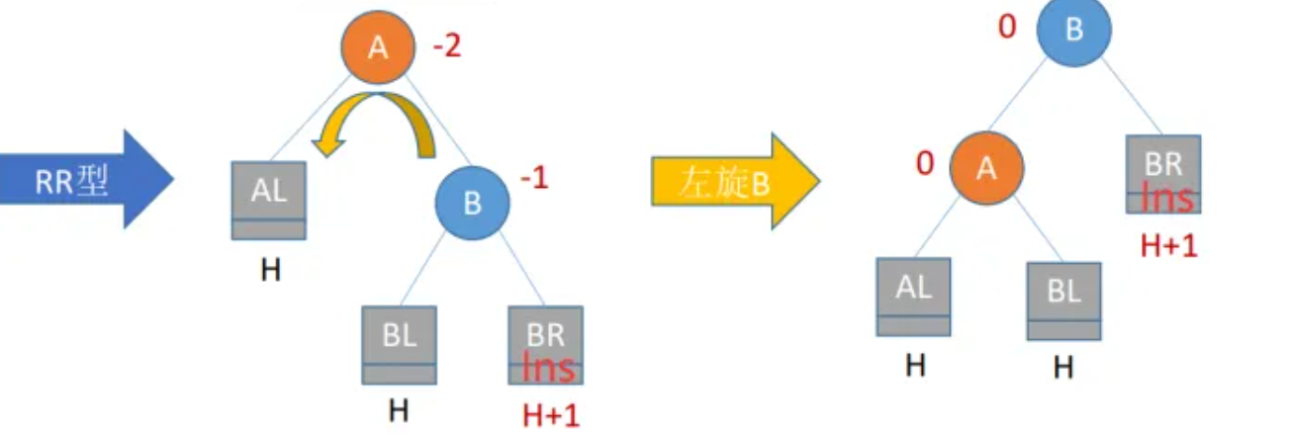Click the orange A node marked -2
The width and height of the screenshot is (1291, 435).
pyautogui.click(x=377, y=47)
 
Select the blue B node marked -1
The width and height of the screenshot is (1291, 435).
pyautogui.click(x=473, y=204)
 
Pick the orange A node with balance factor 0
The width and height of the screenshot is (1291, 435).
pyautogui.click(x=985, y=168)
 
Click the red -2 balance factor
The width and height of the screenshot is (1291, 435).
pyautogui.click(x=446, y=47)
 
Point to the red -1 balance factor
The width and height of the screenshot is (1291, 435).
pyautogui.click(x=535, y=180)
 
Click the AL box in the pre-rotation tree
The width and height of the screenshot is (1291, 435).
pyautogui.click(x=269, y=199)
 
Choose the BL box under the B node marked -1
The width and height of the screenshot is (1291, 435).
pyautogui.click(x=399, y=344)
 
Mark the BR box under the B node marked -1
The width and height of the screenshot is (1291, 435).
pyautogui.click(x=545, y=344)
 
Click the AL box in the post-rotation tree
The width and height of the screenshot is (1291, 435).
pyautogui.click(x=913, y=296)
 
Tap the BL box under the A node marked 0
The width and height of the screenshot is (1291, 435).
pyautogui.click(x=1063, y=300)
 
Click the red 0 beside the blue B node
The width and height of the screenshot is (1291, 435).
pyautogui.click(x=1007, y=26)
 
